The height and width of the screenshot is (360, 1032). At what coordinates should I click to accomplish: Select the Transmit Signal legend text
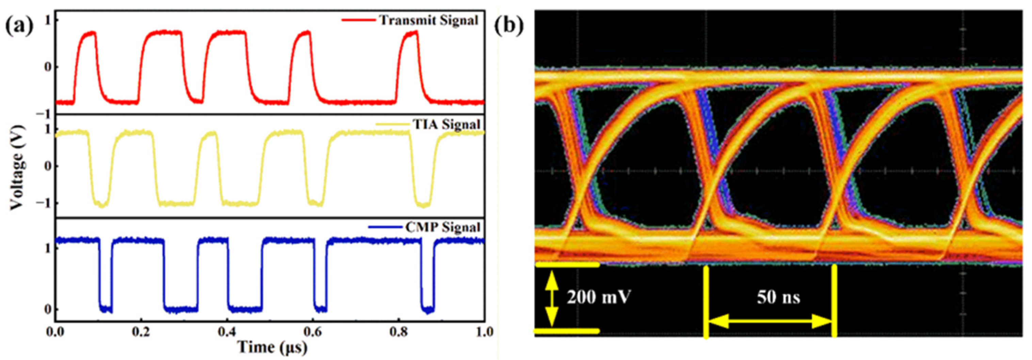point(429,20)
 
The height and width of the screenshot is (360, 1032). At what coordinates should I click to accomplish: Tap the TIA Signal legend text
point(446,125)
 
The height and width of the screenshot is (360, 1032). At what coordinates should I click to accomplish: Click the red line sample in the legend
point(358,20)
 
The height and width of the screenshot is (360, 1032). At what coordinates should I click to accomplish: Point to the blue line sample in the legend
point(385,227)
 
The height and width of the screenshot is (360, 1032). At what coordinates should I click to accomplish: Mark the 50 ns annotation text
point(778,297)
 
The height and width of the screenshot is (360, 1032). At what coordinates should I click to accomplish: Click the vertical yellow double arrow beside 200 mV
point(552,298)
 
